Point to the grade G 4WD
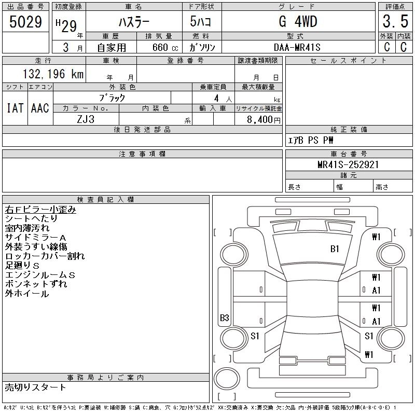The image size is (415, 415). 297,22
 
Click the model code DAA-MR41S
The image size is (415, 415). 297,47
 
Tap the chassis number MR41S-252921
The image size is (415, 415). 348,164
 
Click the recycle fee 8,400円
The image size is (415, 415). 265,120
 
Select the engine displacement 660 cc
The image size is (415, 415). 159,47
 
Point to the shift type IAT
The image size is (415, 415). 15,108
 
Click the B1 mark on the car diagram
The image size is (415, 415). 335,249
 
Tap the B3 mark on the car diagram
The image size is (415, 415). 225,318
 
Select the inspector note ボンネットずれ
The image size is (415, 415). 36,284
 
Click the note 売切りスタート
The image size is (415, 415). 36,387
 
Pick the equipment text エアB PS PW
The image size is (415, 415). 311,140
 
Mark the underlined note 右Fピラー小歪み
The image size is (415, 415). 40,210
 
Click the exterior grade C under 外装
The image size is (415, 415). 386,47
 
